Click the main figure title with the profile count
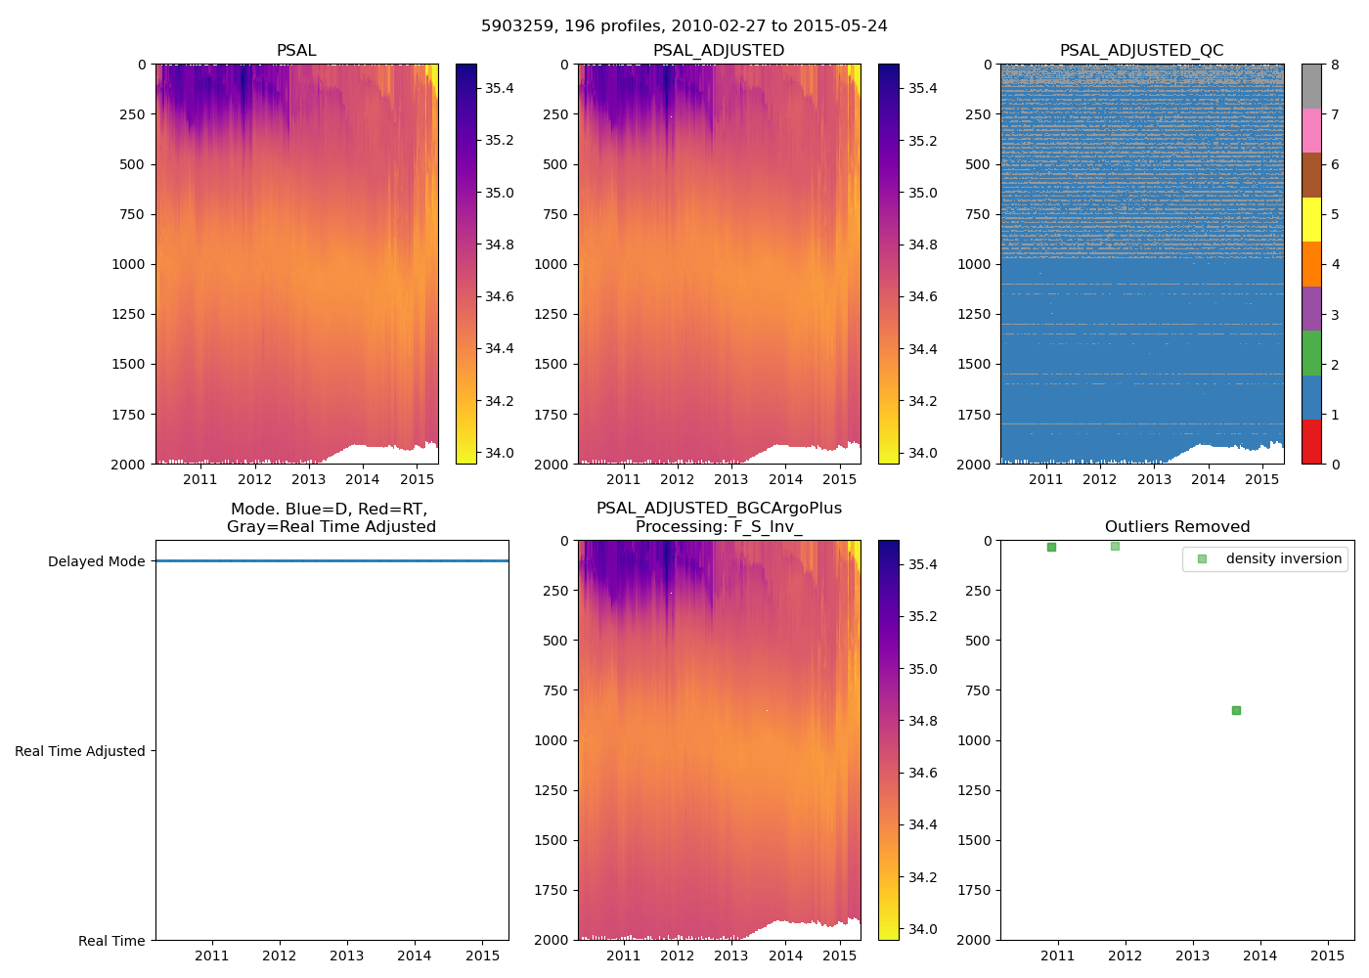[684, 26]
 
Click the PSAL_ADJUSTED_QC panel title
[1141, 51]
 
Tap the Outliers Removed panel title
[1177, 527]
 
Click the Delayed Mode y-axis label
[96, 561]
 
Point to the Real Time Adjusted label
[80, 751]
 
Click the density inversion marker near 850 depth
[1236, 710]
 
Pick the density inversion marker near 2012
[1115, 546]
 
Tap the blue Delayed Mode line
[332, 560]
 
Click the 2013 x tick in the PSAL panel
[308, 479]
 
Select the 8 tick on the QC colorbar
[1335, 66]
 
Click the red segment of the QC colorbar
[1311, 441]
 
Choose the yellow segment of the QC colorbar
[1311, 219]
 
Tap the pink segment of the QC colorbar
[1311, 130]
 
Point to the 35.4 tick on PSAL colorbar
[500, 89]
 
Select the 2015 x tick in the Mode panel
[482, 956]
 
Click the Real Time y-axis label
[111, 941]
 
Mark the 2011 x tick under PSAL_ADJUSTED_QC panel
[1045, 479]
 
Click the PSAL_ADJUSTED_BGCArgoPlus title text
[719, 509]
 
